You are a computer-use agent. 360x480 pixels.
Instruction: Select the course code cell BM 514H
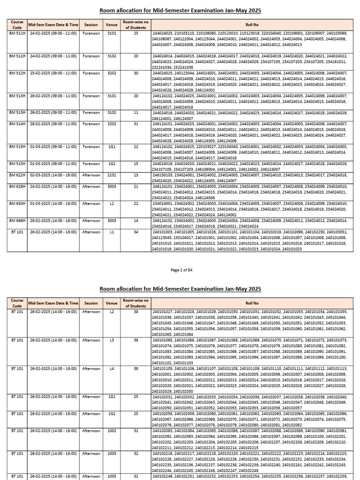tap(16, 124)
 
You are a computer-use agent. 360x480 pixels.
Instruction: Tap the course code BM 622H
tap(16, 174)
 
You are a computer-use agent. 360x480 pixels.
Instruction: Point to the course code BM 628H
tap(16, 186)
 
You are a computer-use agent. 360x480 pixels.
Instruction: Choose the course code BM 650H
tap(16, 203)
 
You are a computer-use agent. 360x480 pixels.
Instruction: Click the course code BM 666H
tap(16, 220)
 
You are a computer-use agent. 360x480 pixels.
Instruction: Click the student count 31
tap(135, 124)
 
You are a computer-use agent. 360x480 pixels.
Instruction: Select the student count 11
tap(135, 112)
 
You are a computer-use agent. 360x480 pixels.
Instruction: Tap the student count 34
tap(135, 232)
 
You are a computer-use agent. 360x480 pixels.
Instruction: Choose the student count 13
tap(135, 174)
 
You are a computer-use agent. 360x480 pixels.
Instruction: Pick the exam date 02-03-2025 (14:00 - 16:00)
tap(53, 174)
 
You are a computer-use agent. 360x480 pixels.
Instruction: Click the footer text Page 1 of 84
tap(180, 270)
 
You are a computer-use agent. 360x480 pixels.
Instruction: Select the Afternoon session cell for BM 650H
tap(91, 203)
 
